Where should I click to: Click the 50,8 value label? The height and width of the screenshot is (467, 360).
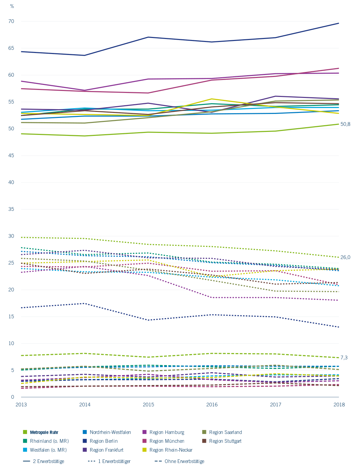[x=345, y=124]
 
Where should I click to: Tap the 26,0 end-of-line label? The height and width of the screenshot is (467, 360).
[x=345, y=257]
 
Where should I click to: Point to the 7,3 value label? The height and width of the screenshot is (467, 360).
[x=344, y=357]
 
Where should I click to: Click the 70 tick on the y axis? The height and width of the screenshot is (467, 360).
[x=11, y=21]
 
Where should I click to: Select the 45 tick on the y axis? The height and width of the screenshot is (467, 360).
[x=11, y=156]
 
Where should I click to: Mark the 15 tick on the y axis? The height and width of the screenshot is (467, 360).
[x=11, y=316]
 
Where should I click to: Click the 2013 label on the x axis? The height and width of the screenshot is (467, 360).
[x=21, y=405]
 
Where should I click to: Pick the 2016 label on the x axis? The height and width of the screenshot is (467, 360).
[x=212, y=405]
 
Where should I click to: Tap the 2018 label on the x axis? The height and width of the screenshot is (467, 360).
[x=339, y=405]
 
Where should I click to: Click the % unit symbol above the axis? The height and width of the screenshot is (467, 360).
[x=12, y=6]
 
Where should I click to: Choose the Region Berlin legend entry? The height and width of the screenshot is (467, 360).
[x=104, y=441]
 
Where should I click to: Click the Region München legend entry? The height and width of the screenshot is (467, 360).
[x=167, y=441]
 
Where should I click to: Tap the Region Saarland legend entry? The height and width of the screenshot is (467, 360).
[x=225, y=432]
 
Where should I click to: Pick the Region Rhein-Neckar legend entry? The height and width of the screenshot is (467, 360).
[x=171, y=450]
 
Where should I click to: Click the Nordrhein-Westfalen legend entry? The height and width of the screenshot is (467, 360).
[x=110, y=432]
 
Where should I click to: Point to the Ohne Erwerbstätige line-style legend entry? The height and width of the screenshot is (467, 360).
[x=184, y=461]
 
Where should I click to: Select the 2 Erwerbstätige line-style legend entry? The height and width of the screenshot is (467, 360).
[x=48, y=461]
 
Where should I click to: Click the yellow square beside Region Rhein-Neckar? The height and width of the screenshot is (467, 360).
[x=144, y=450]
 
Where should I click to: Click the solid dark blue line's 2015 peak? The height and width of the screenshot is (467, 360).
[x=148, y=37]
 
